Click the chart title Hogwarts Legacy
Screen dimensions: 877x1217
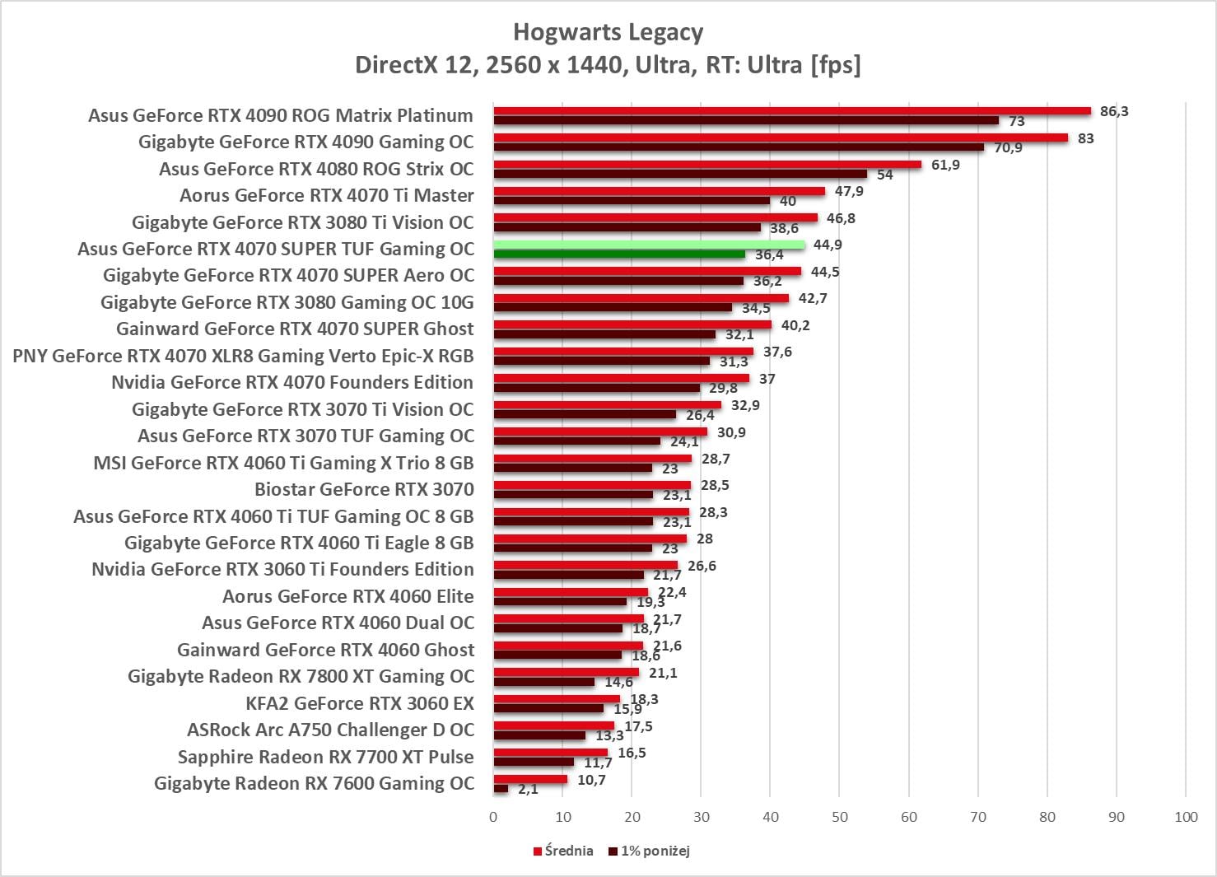tap(608, 32)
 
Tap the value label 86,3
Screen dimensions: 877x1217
tap(1114, 111)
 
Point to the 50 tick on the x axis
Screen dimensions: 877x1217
tap(839, 817)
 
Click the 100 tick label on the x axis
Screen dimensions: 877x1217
tap(1186, 817)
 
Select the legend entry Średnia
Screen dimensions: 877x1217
tap(563, 851)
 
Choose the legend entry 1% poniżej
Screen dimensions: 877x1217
tap(650, 851)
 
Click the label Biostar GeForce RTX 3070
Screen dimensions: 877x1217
tap(364, 489)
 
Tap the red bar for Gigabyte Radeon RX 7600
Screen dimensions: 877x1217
tap(530, 779)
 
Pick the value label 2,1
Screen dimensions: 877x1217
tap(528, 789)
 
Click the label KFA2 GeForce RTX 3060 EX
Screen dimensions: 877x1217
tap(360, 703)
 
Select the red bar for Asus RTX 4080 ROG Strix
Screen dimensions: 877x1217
tap(707, 165)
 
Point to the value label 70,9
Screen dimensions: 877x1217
tap(1008, 148)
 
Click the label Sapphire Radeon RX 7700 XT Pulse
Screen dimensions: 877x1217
tap(326, 757)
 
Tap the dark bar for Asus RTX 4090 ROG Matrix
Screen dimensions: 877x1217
tap(746, 121)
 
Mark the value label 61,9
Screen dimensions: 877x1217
tap(945, 165)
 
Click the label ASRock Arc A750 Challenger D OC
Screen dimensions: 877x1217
tap(331, 730)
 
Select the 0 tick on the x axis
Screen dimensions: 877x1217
tap(493, 817)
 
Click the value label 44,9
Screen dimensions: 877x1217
tap(828, 245)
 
